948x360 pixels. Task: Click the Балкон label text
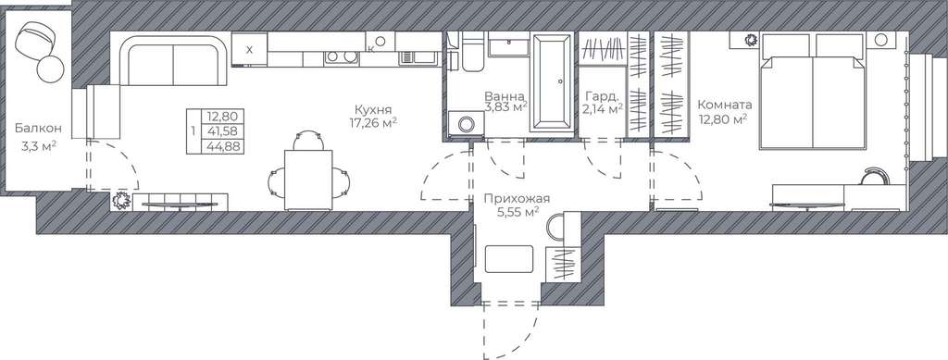[x=38, y=128]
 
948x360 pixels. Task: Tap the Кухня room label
[x=373, y=109]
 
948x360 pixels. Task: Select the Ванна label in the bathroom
[x=505, y=95]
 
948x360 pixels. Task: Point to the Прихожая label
[x=516, y=198]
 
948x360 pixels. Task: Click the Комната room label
[x=724, y=104]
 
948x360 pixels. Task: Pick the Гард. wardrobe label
[x=602, y=96]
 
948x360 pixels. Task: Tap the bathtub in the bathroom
[x=552, y=82]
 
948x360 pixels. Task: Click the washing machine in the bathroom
[x=467, y=124]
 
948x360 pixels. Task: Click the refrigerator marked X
[x=248, y=49]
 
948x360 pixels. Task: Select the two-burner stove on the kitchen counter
[x=341, y=57]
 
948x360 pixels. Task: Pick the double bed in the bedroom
[x=812, y=92]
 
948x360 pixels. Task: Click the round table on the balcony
[x=50, y=68]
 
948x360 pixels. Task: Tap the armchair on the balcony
[x=36, y=40]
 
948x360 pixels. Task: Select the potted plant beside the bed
[x=750, y=41]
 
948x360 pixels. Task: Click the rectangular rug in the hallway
[x=509, y=258]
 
